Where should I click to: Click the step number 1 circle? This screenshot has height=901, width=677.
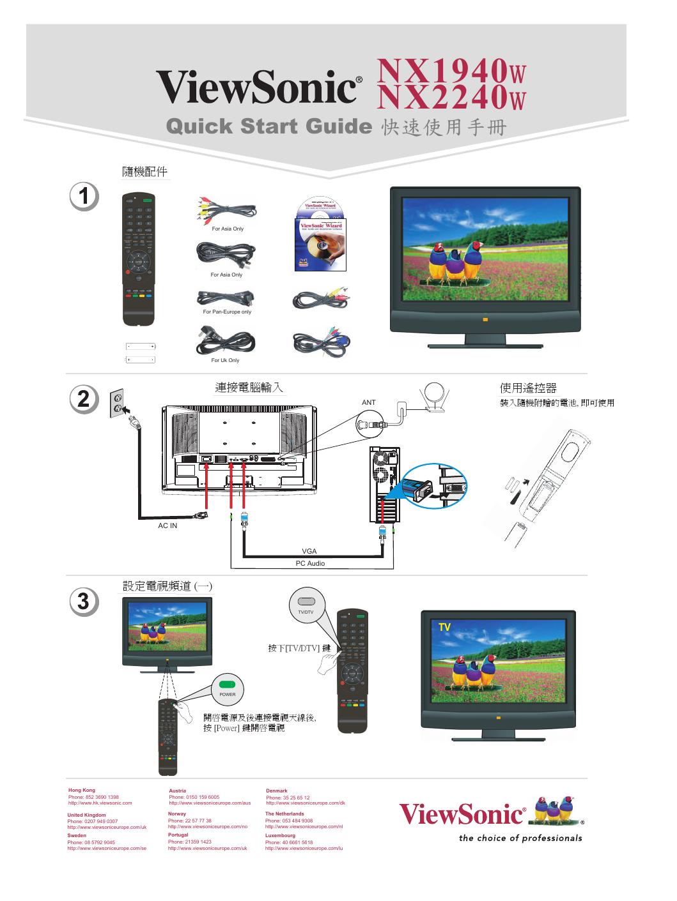[x=85, y=196]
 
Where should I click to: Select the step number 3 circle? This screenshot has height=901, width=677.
[x=85, y=602]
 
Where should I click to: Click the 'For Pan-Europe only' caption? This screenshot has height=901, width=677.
[x=227, y=312]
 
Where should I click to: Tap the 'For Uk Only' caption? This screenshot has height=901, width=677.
[x=225, y=360]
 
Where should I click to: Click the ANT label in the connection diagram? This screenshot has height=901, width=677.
[x=369, y=403]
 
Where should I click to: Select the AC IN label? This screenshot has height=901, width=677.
[x=167, y=526]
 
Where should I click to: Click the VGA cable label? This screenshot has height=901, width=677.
[x=309, y=551]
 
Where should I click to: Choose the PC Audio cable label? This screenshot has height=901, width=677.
[x=309, y=563]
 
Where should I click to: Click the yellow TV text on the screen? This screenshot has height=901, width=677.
[x=444, y=628]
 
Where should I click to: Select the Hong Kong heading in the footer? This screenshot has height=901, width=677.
[x=81, y=791]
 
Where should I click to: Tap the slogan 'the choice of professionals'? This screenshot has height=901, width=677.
[x=520, y=838]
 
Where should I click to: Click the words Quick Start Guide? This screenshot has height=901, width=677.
[x=268, y=126]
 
